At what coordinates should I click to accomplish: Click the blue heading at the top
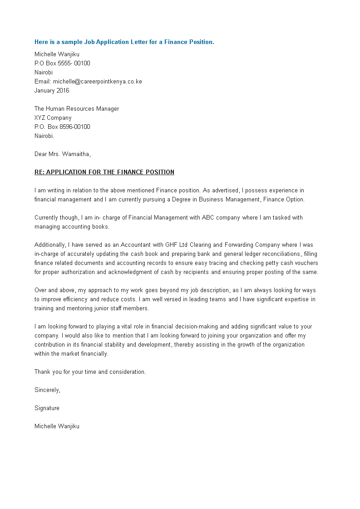click(124, 42)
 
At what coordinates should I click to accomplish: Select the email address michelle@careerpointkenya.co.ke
click(97, 82)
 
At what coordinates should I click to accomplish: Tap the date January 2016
click(52, 91)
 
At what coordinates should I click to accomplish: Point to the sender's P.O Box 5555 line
click(62, 64)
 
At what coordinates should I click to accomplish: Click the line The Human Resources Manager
click(77, 109)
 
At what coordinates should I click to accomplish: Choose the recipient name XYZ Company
click(53, 118)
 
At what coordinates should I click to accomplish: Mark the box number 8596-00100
click(74, 127)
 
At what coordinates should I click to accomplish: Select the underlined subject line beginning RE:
click(104, 172)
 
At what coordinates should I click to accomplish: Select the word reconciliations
click(284, 254)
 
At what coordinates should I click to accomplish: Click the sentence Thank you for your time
click(90, 372)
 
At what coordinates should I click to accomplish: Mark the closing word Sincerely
click(47, 390)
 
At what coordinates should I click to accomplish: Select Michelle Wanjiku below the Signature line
click(57, 426)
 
